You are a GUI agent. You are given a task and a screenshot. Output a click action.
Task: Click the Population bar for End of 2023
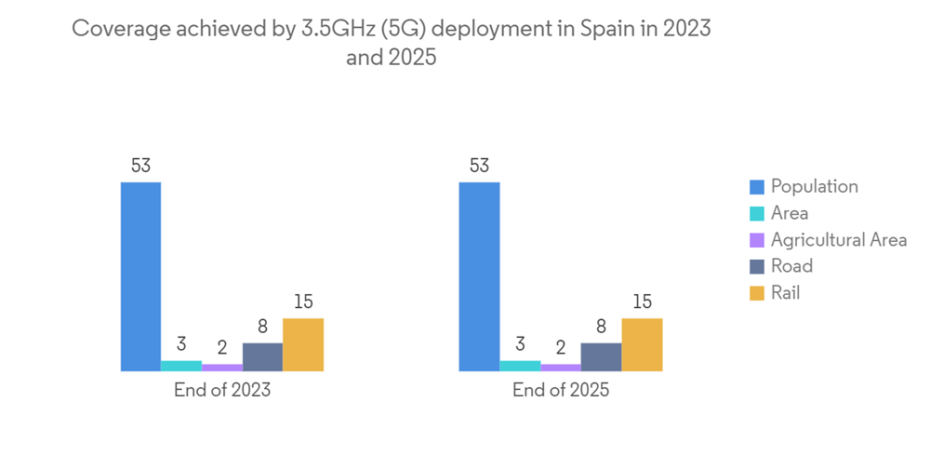point(140,276)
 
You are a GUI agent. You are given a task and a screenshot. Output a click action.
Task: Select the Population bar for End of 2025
point(479,276)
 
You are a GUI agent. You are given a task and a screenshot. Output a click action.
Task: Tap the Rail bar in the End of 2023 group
point(303,344)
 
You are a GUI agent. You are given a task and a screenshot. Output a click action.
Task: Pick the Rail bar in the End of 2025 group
point(642,344)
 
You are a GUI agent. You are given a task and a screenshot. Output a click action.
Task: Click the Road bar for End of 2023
point(262,356)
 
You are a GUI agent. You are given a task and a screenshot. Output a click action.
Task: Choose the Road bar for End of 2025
point(601,356)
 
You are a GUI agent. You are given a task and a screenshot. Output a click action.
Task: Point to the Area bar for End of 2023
point(181,366)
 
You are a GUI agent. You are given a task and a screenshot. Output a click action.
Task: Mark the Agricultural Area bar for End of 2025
point(560,368)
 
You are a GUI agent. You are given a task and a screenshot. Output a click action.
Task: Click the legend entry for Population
point(814,186)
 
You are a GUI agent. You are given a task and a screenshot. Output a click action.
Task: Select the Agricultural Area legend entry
point(838,240)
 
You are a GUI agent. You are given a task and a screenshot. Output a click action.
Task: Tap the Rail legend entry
point(785,293)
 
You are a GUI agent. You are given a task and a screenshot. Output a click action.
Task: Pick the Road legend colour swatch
point(756,267)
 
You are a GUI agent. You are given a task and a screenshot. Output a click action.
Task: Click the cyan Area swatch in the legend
point(756,214)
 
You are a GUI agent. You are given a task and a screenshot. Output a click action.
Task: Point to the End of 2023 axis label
point(222,390)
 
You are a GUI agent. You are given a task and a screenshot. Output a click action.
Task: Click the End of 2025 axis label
point(561,390)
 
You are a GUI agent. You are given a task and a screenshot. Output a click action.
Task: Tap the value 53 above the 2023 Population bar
point(140,167)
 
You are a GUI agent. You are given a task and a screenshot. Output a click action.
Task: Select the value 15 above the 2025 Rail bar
point(642,302)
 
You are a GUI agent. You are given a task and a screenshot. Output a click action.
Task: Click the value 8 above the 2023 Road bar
point(262,327)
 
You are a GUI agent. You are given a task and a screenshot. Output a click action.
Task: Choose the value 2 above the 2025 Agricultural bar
point(560,348)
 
